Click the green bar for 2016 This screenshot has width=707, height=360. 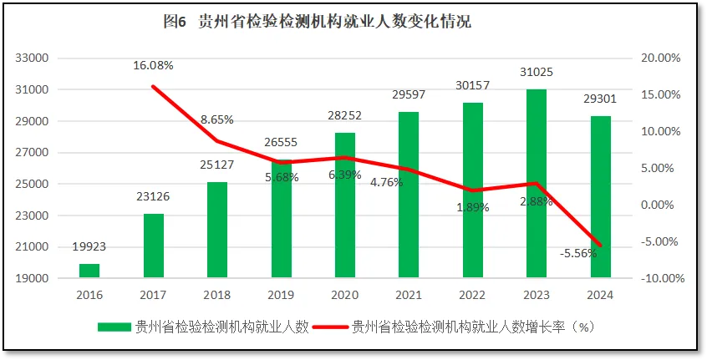(x=89, y=271)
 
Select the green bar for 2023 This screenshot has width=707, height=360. (x=537, y=183)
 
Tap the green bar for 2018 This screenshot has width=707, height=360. (x=217, y=230)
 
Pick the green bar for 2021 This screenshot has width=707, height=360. (x=409, y=194)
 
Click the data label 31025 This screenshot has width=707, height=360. (x=537, y=73)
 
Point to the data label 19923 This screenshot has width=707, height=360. (x=89, y=247)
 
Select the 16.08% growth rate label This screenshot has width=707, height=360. (x=153, y=65)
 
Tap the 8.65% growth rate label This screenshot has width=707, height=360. (x=217, y=119)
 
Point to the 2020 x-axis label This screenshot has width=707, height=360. (x=345, y=295)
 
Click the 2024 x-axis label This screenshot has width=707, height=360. (x=600, y=295)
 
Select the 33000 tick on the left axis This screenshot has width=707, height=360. (x=33, y=58)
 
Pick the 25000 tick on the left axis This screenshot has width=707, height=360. (x=33, y=185)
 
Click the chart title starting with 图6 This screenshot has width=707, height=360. (x=317, y=23)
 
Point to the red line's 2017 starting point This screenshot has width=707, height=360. (x=153, y=86)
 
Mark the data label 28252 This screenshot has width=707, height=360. (x=345, y=119)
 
